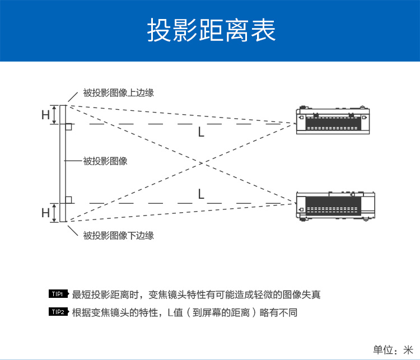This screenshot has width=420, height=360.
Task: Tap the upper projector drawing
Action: (x=335, y=120)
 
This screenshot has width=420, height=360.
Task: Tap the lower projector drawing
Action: (x=335, y=205)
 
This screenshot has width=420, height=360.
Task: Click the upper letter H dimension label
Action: (x=45, y=115)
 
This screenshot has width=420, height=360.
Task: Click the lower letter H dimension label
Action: (x=45, y=213)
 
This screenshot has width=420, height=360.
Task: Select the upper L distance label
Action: (x=201, y=133)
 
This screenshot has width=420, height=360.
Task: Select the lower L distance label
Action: (x=201, y=194)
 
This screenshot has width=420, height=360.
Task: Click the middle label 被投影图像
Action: (x=105, y=161)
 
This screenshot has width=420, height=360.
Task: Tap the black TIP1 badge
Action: (x=59, y=294)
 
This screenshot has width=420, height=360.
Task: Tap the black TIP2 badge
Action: (x=59, y=312)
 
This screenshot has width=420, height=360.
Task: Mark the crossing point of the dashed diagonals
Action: (x=200, y=163)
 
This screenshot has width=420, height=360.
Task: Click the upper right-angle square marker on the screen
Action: (x=68, y=128)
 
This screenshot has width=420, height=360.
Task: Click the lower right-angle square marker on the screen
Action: (x=68, y=199)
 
